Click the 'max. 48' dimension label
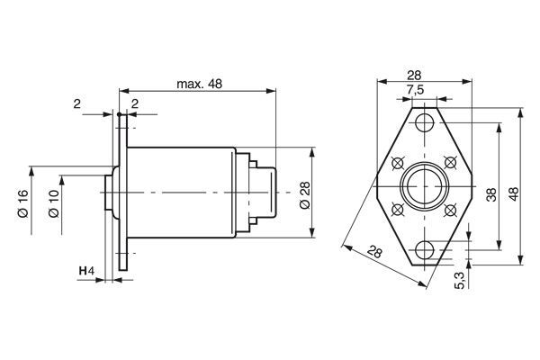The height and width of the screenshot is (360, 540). pos(199,84)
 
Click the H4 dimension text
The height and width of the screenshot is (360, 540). pos(85,271)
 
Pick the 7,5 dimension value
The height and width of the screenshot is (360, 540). pos(415,91)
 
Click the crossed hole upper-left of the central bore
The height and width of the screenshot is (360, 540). pos(398,162)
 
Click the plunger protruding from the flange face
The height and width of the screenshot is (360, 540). pos(109,192)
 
